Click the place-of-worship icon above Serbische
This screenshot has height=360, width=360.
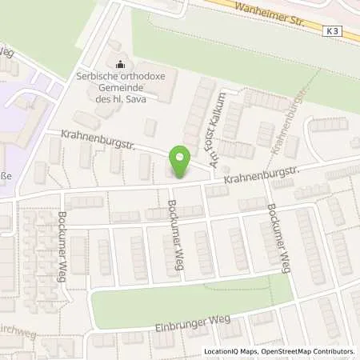(x=121, y=65)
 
